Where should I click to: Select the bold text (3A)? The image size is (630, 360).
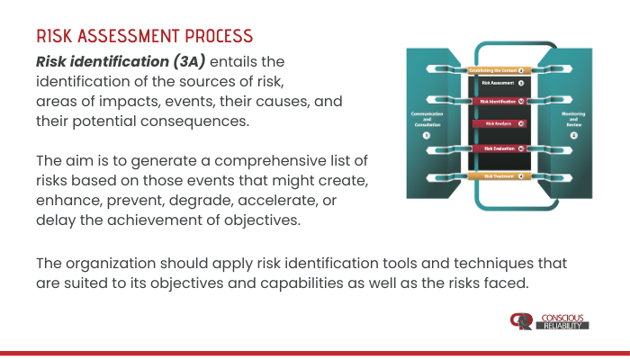(x=184, y=62)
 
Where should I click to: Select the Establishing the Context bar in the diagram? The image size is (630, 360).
(x=496, y=69)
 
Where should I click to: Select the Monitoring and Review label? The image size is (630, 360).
(x=573, y=119)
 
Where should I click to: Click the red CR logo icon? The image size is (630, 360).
(x=521, y=320)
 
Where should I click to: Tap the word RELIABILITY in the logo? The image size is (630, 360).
(x=564, y=325)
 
